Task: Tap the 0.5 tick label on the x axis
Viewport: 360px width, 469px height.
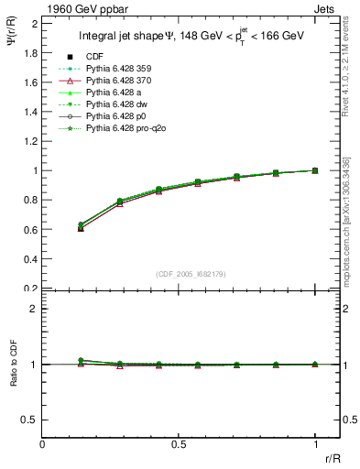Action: point(179,445)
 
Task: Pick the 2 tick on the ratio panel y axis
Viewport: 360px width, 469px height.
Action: point(34,309)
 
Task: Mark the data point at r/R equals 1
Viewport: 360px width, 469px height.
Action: point(315,170)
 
